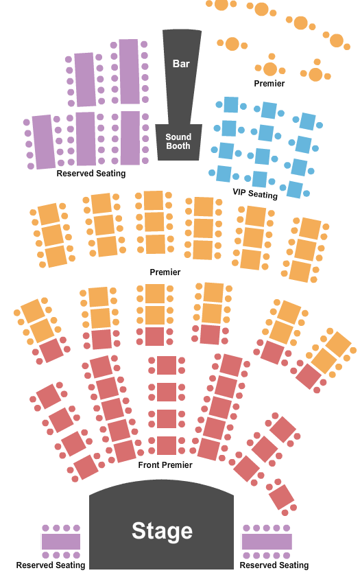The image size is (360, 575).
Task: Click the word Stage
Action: tap(162, 530)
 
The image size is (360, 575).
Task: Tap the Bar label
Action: tap(181, 63)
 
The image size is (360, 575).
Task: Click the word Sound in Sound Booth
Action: tap(178, 137)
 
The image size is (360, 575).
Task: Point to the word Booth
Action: tap(178, 145)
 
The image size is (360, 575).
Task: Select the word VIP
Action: tap(239, 191)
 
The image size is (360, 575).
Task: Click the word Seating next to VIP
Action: tap(263, 194)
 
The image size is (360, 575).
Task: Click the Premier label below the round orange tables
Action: tap(269, 84)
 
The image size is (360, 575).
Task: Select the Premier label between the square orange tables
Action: tap(165, 272)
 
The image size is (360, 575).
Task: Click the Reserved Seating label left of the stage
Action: tap(51, 565)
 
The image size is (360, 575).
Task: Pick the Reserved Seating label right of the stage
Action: tap(274, 565)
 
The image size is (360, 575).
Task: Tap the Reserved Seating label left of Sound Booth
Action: tap(91, 174)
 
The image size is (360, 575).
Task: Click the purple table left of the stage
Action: tap(61, 541)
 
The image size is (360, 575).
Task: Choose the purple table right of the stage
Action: tap(267, 541)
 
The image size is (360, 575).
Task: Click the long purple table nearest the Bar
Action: tap(129, 71)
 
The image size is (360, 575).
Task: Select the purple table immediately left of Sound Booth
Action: tap(130, 138)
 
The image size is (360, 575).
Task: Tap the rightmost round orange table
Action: tap(336, 40)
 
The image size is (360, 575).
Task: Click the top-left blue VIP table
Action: tap(231, 104)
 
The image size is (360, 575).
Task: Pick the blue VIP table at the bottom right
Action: tap(295, 189)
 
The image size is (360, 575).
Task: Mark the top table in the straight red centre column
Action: tap(167, 365)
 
